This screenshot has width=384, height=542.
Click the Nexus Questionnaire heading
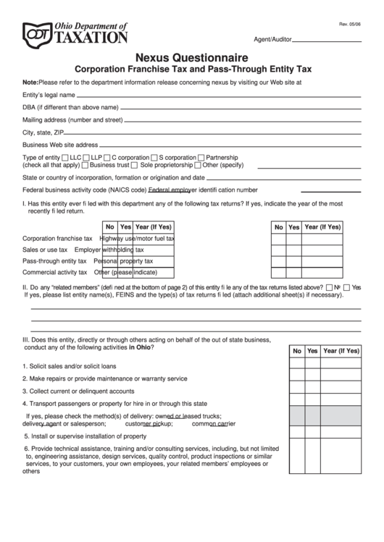pos(192,56)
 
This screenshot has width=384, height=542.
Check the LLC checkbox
pos(66,157)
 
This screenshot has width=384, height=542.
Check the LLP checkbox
pos(87,157)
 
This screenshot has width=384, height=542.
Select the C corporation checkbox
pos(107,157)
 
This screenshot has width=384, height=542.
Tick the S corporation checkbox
pos(154,157)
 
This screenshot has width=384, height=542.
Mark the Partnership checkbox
pos(201,157)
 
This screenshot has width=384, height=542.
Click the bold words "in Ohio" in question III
pos(141,347)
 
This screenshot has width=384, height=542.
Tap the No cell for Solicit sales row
pos(296,365)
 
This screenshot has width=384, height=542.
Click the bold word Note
pos(30,82)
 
